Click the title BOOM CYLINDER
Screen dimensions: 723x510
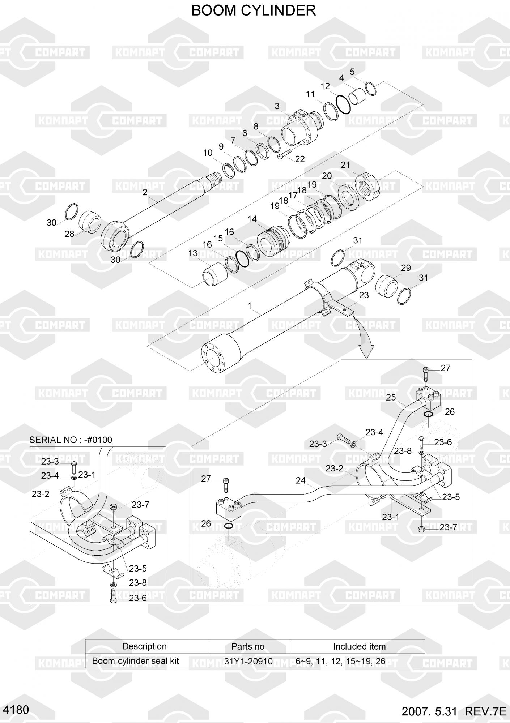(253, 11)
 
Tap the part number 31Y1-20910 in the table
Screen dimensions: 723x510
(248, 661)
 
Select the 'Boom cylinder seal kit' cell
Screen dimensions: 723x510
(136, 661)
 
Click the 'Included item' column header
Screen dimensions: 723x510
(359, 646)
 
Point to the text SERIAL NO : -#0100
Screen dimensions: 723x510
(71, 440)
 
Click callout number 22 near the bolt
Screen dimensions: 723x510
(300, 159)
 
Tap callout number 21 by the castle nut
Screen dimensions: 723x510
(345, 165)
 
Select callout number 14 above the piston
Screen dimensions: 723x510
(252, 219)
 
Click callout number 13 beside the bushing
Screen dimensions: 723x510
(193, 253)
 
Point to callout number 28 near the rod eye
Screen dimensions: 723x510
(69, 234)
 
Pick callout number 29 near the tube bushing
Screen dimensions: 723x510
(406, 268)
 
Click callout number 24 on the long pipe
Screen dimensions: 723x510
(301, 480)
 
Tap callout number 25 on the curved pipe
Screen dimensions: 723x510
(391, 398)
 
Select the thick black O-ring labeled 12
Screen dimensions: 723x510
(343, 104)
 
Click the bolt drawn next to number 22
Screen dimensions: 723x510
(284, 155)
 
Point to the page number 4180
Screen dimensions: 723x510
(15, 710)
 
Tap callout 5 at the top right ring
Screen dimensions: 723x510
(352, 72)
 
